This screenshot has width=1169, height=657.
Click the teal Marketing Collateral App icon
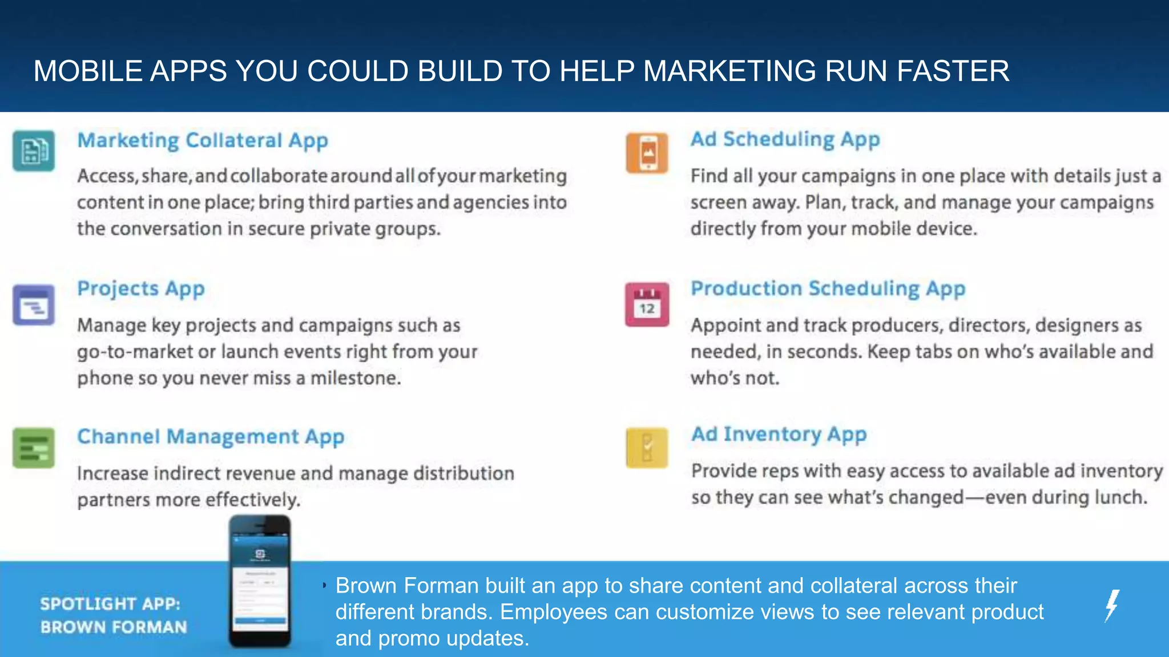click(x=34, y=151)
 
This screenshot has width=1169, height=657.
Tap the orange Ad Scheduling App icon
click(x=647, y=153)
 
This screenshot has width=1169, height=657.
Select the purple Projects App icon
click(x=34, y=305)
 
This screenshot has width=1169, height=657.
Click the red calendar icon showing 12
click(x=647, y=305)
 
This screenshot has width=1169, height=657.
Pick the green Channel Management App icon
click(x=34, y=448)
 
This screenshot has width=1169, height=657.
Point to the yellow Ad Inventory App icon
click(x=647, y=448)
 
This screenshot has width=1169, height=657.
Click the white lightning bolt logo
click(x=1112, y=606)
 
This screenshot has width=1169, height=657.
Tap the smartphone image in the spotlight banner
click(x=260, y=582)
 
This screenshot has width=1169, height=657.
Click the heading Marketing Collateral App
click(x=203, y=140)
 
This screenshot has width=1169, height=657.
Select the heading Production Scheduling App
click(x=828, y=289)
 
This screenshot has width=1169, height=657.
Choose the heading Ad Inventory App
click(x=779, y=435)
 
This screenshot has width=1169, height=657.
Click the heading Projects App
click(x=141, y=289)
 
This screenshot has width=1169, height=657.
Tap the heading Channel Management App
click(x=211, y=437)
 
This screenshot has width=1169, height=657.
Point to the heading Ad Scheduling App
click(x=785, y=139)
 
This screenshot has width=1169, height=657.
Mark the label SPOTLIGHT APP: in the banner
click(x=110, y=603)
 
